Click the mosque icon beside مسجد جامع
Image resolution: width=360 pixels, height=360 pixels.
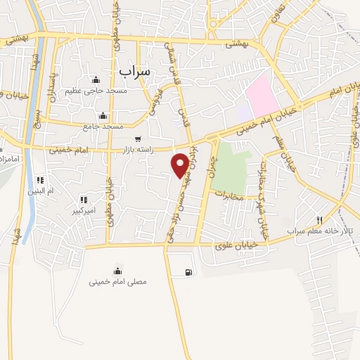[103, 116]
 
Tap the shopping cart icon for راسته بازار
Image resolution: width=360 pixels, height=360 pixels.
[138, 139]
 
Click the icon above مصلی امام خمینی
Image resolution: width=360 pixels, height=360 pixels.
[117, 271]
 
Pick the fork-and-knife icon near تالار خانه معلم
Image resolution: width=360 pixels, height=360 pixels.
[320, 220]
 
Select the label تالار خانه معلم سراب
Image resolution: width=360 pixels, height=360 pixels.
[315, 231]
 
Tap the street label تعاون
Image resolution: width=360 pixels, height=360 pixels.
[279, 11]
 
